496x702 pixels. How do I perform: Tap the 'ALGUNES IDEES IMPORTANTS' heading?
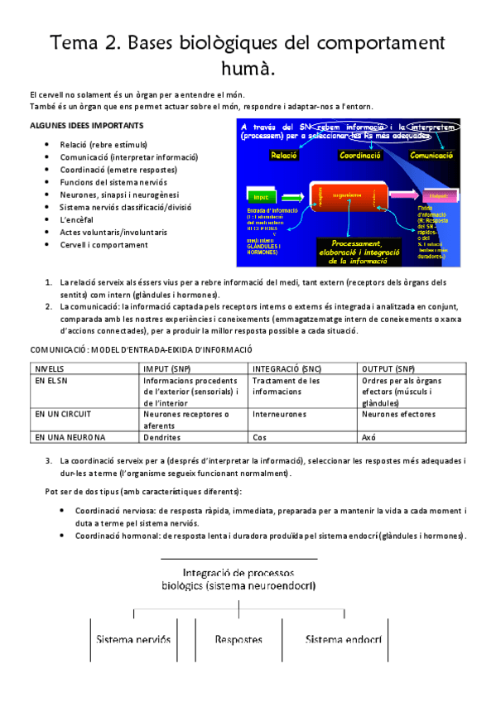pyautogui.click(x=86, y=125)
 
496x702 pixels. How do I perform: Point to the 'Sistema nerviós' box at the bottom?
pyautogui.click(x=133, y=640)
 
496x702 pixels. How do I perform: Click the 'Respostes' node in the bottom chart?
pyautogui.click(x=238, y=640)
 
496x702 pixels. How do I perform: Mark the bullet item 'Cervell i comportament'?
pyautogui.click(x=104, y=245)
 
